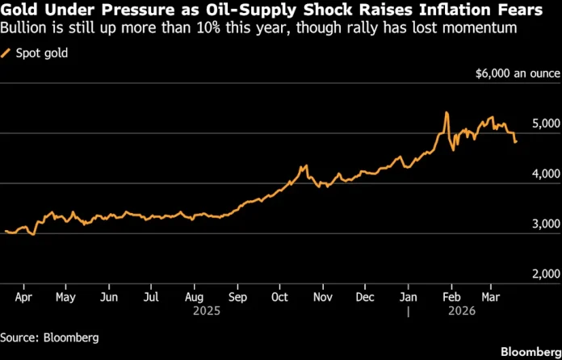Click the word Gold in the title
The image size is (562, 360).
(22, 10)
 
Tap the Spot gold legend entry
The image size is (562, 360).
(40, 53)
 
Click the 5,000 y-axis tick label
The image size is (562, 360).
(545, 123)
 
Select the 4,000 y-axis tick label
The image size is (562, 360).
(545, 174)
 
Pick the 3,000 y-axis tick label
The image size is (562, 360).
(545, 224)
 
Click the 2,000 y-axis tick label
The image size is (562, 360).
(545, 274)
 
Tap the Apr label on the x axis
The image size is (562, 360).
(23, 296)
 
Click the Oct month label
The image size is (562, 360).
(279, 296)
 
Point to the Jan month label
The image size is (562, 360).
(409, 296)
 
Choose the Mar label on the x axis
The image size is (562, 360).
(490, 296)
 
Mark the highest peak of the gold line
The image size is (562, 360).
(447, 113)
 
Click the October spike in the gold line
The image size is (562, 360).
(304, 166)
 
